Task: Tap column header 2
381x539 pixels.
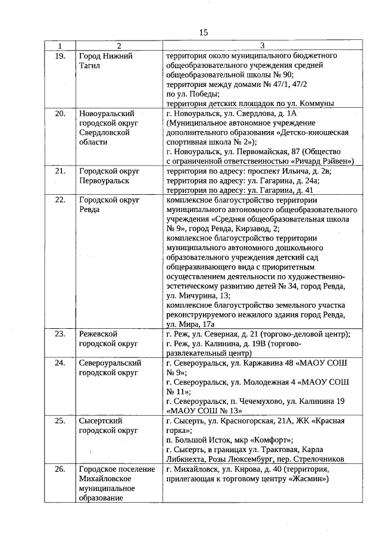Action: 118,46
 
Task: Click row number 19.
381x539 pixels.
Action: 60,56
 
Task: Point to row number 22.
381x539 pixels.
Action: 60,201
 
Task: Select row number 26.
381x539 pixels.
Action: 60,469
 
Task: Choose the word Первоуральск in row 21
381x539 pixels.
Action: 105,180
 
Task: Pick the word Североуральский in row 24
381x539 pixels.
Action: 110,363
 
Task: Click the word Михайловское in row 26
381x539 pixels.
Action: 105,479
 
